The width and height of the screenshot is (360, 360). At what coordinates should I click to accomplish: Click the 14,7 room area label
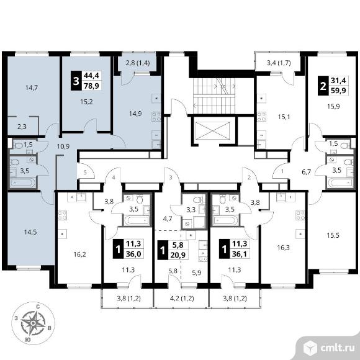(x=32, y=88)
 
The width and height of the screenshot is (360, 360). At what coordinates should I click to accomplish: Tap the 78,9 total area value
(x=92, y=86)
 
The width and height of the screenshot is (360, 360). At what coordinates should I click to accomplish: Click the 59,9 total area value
(x=338, y=91)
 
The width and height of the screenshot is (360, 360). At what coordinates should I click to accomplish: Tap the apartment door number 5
(x=85, y=172)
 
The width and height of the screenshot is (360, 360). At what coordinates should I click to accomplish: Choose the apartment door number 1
(x=282, y=171)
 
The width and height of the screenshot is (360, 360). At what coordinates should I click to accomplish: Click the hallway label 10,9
(x=63, y=146)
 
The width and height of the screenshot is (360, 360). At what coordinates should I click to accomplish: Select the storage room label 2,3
(x=22, y=127)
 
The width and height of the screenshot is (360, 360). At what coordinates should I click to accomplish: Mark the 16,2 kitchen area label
(x=79, y=254)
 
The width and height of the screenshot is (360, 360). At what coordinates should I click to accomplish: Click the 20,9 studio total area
(x=178, y=255)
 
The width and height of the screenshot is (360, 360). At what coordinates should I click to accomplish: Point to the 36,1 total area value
(x=240, y=254)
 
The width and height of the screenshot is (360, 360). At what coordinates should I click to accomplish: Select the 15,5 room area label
(x=333, y=235)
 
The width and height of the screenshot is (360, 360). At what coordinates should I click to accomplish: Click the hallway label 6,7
(x=306, y=172)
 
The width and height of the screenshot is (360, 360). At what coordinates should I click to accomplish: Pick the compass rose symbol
(x=33, y=323)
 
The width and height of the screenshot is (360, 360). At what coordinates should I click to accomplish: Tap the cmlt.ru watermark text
(x=338, y=348)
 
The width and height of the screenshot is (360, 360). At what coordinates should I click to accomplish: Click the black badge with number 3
(x=76, y=81)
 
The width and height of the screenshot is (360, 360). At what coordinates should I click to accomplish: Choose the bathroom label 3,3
(x=191, y=210)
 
